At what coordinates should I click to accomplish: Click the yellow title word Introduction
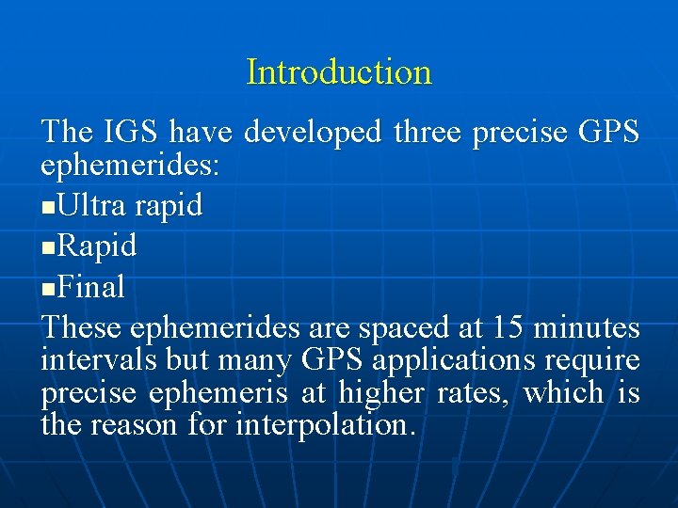pos(339,71)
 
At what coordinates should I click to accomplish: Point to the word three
pos(428,133)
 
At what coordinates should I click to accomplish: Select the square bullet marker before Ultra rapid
pos(48,207)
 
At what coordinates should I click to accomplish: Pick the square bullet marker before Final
pos(48,288)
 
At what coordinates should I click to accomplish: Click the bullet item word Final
pos(91,286)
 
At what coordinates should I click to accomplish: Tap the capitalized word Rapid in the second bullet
pos(97,246)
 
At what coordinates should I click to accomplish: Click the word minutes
pos(587,327)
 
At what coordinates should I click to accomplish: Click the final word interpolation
pos(325,425)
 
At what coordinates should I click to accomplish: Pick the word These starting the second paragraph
pos(82,327)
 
